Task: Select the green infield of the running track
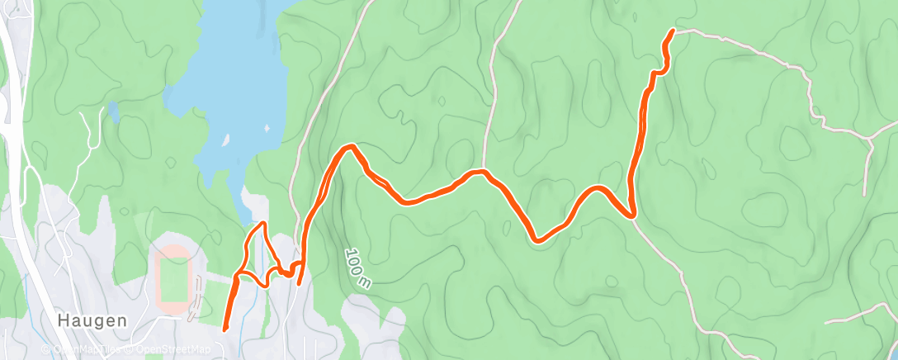pyautogui.click(x=173, y=279)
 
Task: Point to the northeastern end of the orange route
pyautogui.click(x=673, y=31)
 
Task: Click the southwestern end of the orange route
pyautogui.click(x=225, y=329)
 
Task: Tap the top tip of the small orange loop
pyautogui.click(x=263, y=224)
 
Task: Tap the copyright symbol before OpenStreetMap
pyautogui.click(x=132, y=350)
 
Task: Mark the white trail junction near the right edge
pyautogui.click(x=871, y=140)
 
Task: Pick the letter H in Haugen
pyautogui.click(x=62, y=320)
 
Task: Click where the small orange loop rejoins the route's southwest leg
pyautogui.click(x=237, y=275)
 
